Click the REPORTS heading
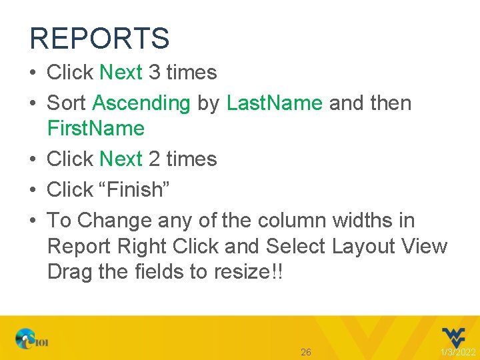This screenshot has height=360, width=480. point(99,38)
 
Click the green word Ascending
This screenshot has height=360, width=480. point(141,103)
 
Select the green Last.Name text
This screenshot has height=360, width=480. point(275,103)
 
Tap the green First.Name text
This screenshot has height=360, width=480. point(96,128)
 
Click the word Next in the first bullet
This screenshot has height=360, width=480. point(121,72)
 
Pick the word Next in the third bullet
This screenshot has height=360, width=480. point(121,159)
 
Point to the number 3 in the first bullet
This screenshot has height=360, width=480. point(154,72)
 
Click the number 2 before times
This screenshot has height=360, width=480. point(154,159)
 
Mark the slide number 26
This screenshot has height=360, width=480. point(306,351)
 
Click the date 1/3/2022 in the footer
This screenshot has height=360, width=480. point(459,352)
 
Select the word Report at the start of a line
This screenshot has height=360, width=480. point(79,246)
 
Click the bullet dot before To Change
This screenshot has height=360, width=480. point(34,220)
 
